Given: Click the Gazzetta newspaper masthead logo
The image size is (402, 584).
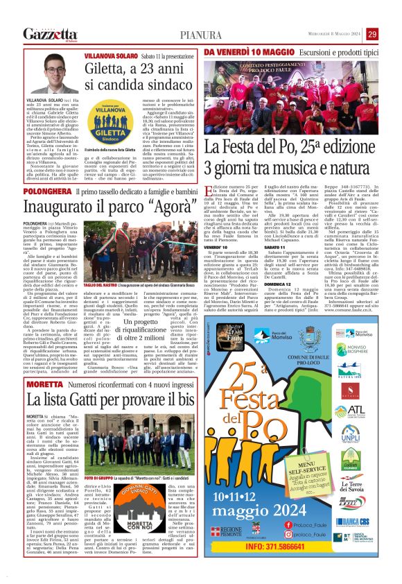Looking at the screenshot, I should point(49,34).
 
